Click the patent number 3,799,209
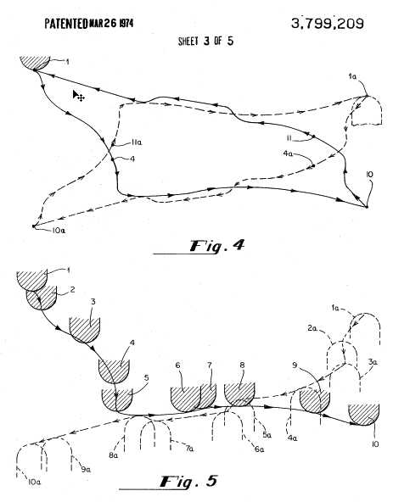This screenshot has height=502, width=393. point(328,24)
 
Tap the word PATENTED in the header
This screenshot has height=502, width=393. point(66,24)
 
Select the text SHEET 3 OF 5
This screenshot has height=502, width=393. point(205,41)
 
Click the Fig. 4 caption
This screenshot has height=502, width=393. point(217,246)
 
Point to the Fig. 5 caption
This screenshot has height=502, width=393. point(189,482)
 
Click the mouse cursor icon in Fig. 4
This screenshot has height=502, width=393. point(78,96)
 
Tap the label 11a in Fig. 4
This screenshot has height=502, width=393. point(137,142)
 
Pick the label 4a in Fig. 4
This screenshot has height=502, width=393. point(288,153)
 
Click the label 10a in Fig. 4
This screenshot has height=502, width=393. point(59,230)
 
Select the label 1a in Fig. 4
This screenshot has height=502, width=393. point(352,76)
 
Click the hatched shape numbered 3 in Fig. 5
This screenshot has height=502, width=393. point(85,330)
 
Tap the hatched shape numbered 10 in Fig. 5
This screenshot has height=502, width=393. point(364,415)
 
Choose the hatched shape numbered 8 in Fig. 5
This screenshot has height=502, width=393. point(239,393)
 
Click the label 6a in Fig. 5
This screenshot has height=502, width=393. point(260,449)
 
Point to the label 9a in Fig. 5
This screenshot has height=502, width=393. point(86,470)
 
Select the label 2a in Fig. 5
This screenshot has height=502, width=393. point(312,328)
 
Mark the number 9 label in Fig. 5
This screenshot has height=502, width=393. point(295,365)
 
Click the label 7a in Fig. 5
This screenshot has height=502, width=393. point(189,449)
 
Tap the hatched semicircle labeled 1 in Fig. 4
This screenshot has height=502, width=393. point(35,63)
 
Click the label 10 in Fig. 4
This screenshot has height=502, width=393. point(369,175)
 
